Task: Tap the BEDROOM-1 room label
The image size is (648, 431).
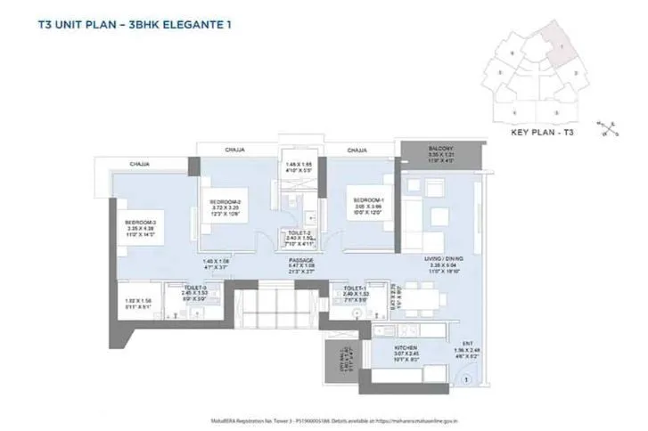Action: (x=366, y=199)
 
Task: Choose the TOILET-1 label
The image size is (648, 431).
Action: (x=354, y=289)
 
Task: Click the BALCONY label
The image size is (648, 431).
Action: (x=440, y=148)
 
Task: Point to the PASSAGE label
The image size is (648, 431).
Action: (x=299, y=261)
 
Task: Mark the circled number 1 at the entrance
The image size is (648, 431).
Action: (x=464, y=379)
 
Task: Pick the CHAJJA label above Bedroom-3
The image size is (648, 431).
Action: (x=139, y=165)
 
